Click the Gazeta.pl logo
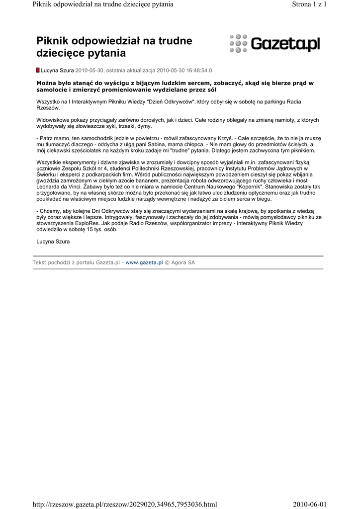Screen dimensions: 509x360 coord(275,44)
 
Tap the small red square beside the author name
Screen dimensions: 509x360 coord(38,71)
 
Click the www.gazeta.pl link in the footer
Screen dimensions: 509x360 coord(144,262)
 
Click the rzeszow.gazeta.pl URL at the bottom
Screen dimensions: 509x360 coord(125,504)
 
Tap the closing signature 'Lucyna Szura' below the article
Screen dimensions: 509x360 coord(53,242)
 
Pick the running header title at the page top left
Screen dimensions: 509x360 coord(103,4)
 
